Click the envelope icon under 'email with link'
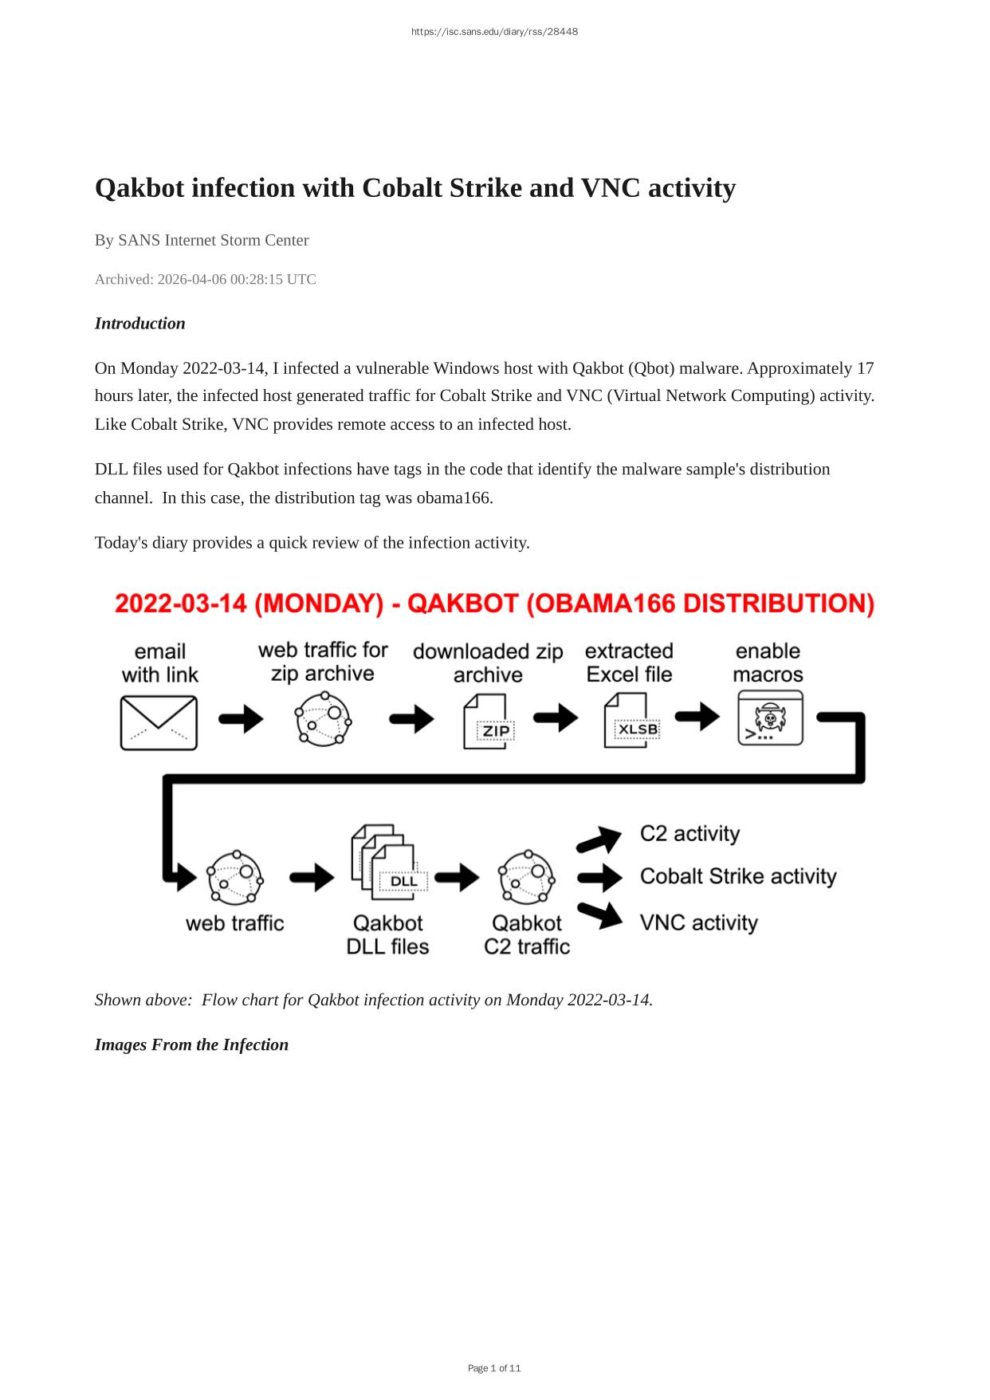[x=159, y=722]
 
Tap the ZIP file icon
[x=487, y=722]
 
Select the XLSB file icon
[x=629, y=721]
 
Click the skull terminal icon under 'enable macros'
[x=769, y=718]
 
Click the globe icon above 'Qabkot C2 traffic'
[x=526, y=878]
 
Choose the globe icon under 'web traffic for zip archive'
[x=323, y=719]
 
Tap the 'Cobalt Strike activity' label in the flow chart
[x=738, y=876]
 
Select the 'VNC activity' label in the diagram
[x=698, y=922]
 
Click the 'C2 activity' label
[x=689, y=833]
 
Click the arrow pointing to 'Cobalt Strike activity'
[x=599, y=878]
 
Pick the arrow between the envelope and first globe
[x=241, y=719]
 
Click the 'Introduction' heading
[x=139, y=323]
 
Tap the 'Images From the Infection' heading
[x=191, y=1044]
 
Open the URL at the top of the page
[x=494, y=32]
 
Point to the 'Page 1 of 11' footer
[x=494, y=1368]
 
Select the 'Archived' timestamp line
[x=205, y=279]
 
